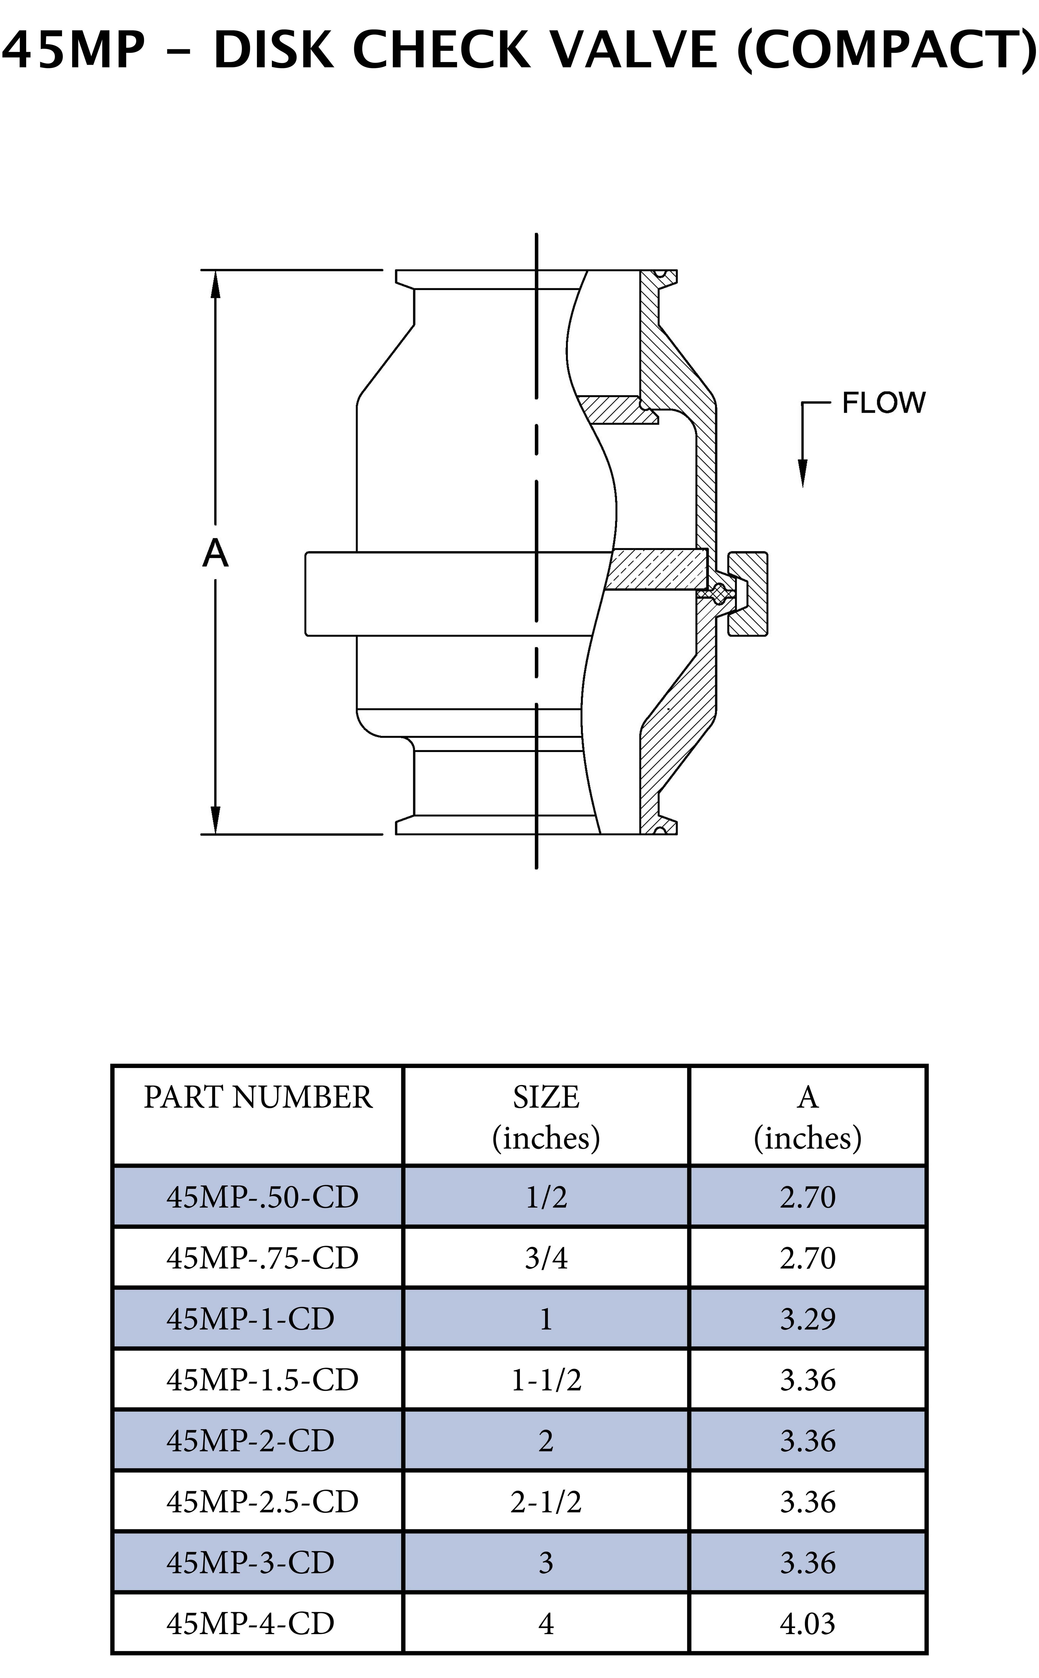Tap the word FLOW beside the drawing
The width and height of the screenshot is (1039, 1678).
[x=884, y=403]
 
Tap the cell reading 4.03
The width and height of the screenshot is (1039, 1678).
[x=807, y=1624]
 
